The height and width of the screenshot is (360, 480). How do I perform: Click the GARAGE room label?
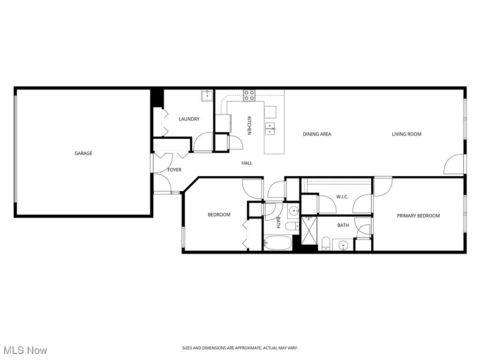(83, 153)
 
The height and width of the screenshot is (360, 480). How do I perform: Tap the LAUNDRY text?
(189, 119)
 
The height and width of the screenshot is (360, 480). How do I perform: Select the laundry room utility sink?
(207, 96)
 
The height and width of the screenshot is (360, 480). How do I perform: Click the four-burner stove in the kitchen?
(249, 96)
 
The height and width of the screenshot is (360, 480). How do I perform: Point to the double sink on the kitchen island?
(270, 128)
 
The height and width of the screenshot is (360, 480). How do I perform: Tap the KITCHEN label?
(249, 125)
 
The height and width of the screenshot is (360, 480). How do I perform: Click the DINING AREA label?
(317, 134)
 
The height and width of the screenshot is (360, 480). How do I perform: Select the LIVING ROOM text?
(406, 134)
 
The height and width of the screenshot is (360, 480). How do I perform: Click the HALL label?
(247, 163)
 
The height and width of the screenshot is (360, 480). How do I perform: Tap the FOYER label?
(174, 170)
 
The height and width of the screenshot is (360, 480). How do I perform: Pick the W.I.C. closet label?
(342, 197)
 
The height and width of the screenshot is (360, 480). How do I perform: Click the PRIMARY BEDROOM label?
(418, 216)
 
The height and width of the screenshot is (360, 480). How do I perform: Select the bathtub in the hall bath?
(277, 243)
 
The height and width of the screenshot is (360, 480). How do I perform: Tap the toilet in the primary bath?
(325, 243)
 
